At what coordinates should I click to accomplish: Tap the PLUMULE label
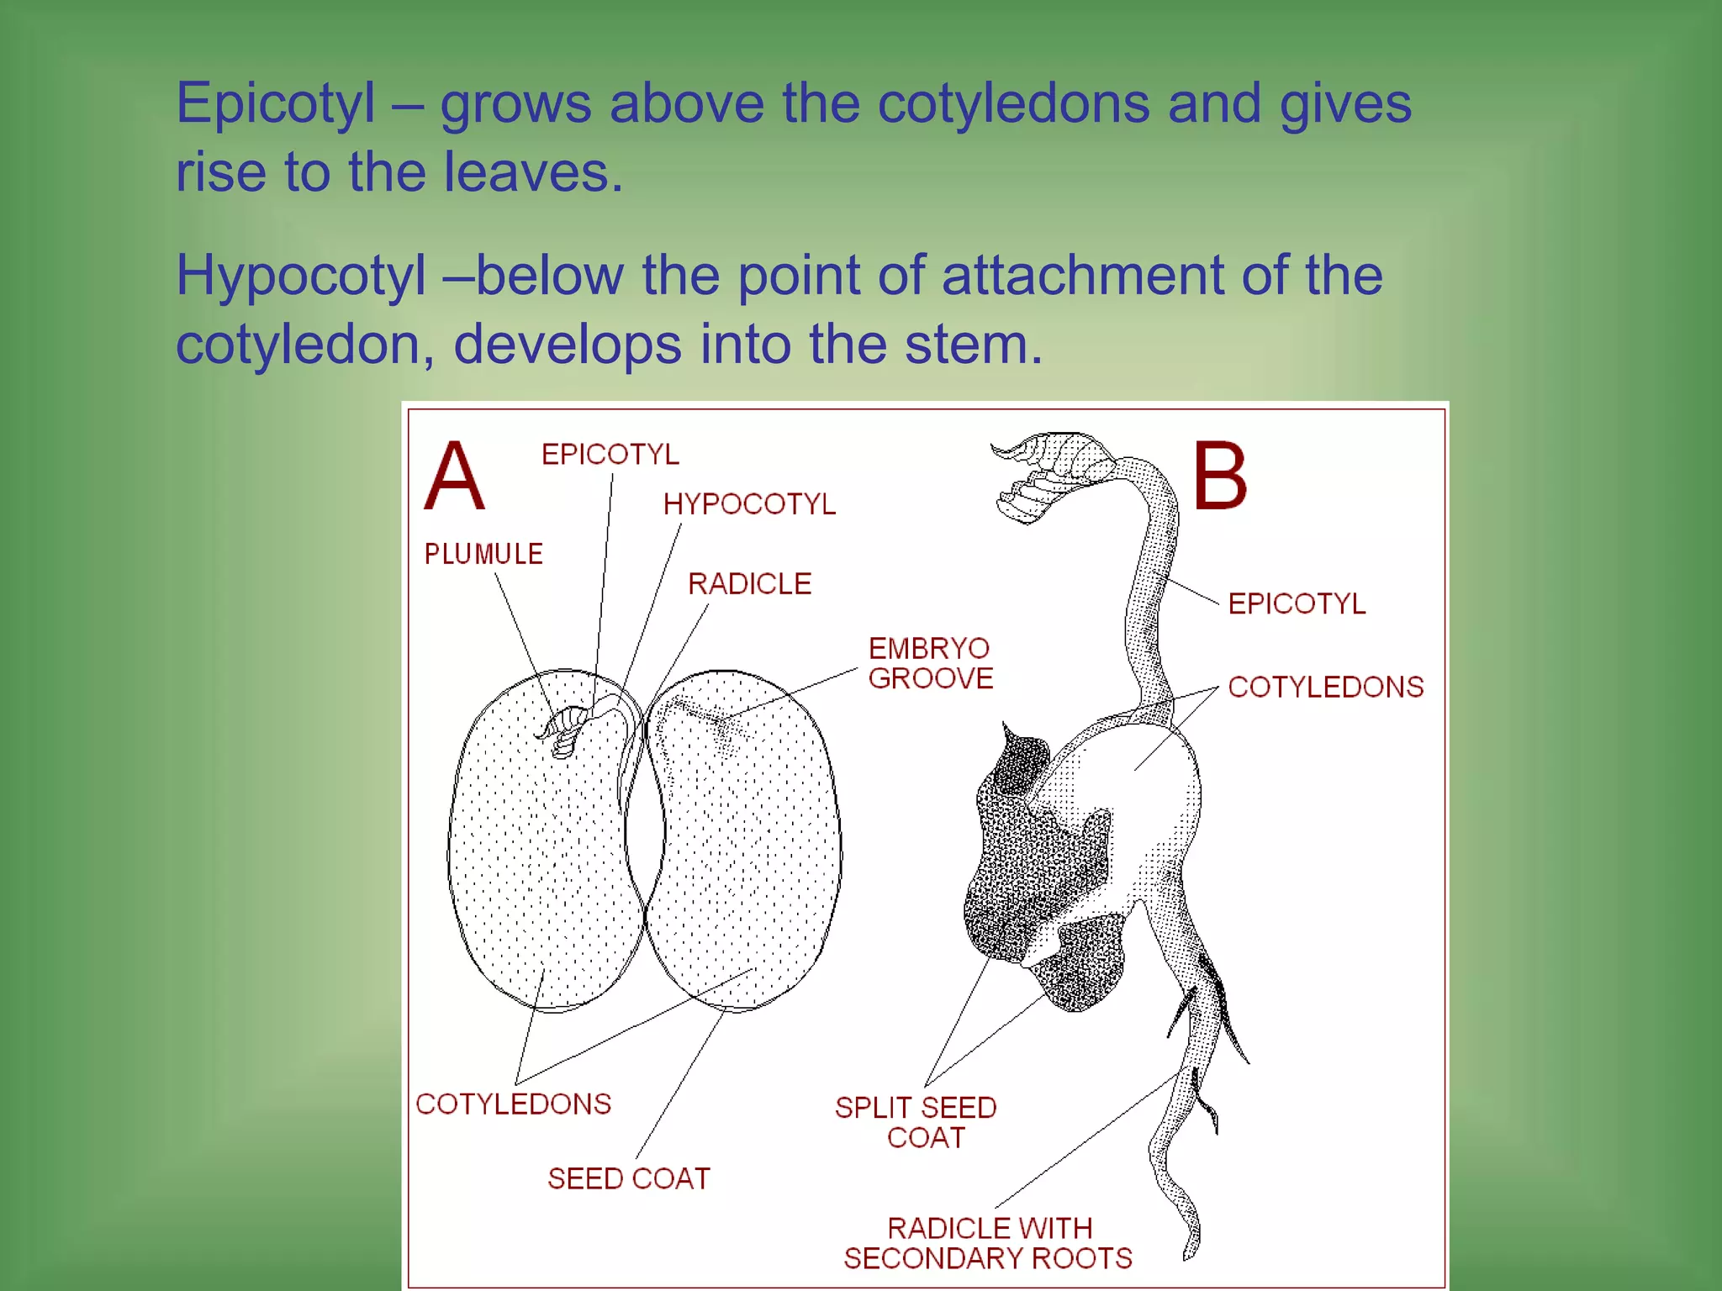[483, 554]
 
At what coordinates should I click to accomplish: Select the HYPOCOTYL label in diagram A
[749, 504]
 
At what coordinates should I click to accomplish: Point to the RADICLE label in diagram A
[749, 583]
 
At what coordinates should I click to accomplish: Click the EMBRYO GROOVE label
[930, 663]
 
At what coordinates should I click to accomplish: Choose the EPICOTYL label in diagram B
[1297, 603]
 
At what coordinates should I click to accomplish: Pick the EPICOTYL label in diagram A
[610, 455]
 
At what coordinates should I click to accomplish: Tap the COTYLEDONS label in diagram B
[1325, 687]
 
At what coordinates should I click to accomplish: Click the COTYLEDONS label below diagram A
[513, 1104]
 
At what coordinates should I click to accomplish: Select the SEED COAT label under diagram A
[628, 1178]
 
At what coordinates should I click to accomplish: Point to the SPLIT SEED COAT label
[916, 1122]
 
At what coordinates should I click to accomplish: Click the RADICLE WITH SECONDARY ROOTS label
[988, 1243]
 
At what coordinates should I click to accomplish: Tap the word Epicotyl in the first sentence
[275, 104]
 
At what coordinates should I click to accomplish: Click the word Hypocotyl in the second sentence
[300, 276]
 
